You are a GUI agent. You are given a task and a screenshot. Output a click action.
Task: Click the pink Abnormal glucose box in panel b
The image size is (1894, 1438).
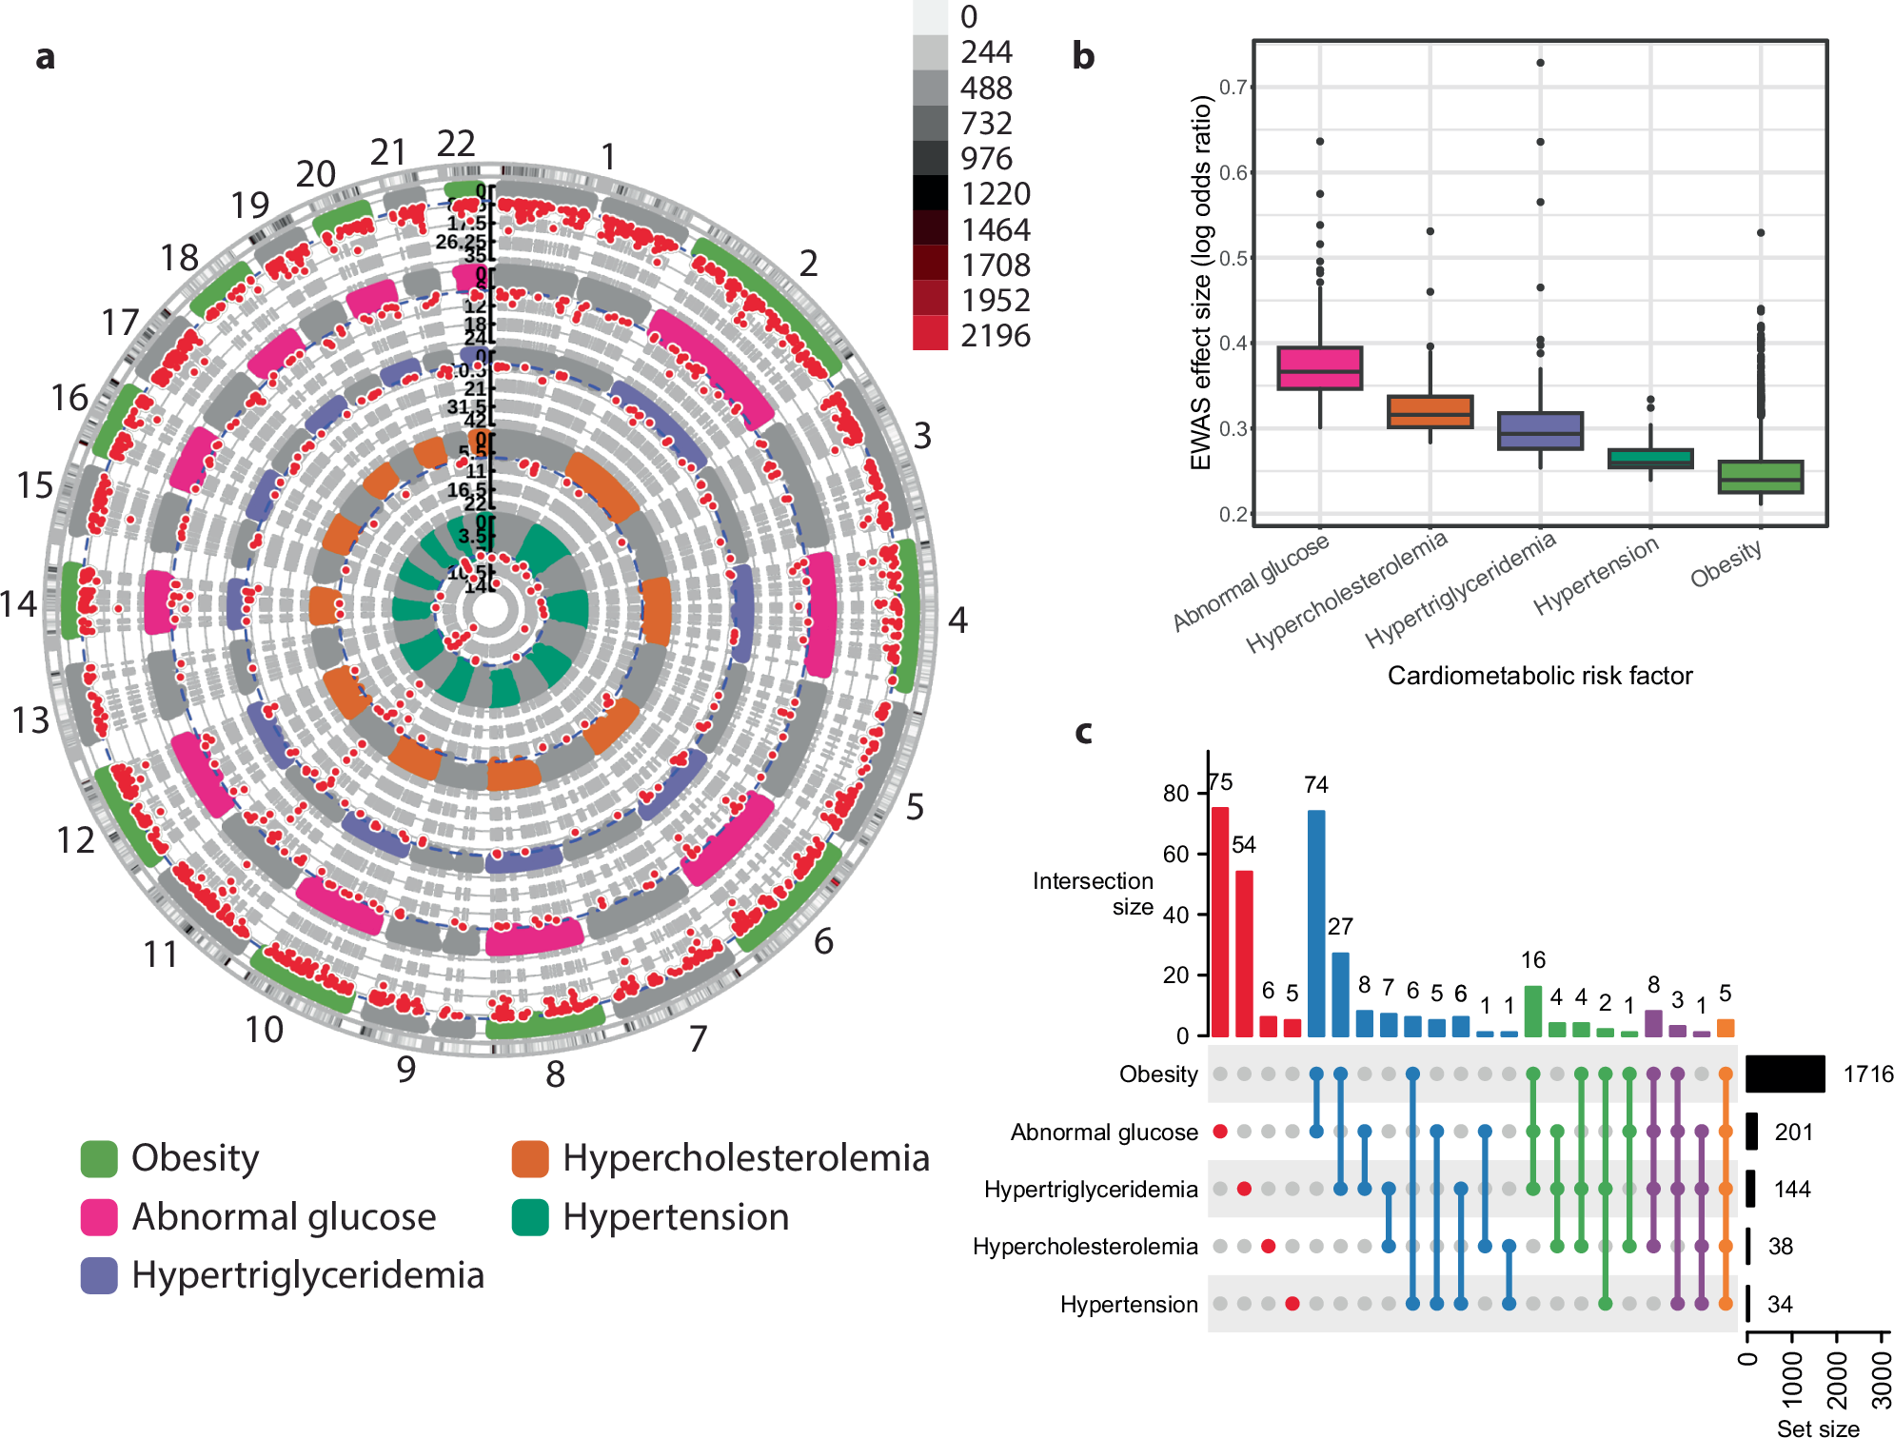[x=1319, y=368]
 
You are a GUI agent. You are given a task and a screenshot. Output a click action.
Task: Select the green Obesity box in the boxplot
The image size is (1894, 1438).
[x=1760, y=477]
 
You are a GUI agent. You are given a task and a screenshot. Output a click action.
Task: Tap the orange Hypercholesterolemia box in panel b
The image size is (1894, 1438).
[x=1430, y=411]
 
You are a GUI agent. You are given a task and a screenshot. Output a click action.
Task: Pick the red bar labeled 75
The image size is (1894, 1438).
[x=1219, y=921]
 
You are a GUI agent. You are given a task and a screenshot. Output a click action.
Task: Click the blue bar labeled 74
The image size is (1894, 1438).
[x=1316, y=922]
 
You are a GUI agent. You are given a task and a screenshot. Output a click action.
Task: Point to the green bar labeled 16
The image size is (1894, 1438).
[x=1532, y=1011]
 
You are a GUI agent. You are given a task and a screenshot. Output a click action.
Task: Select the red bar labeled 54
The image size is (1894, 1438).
[x=1244, y=953]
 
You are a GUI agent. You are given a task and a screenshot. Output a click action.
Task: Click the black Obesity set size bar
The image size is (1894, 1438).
[x=1785, y=1074]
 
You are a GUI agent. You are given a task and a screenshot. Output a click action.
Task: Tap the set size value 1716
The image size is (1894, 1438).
[x=1867, y=1074]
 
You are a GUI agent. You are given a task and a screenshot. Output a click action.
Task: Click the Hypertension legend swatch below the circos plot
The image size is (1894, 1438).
[x=530, y=1217]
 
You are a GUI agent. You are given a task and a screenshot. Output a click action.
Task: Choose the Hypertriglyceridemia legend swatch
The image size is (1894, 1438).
[x=99, y=1275]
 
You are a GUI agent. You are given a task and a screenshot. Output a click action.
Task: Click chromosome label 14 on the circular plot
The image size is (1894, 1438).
[x=19, y=603]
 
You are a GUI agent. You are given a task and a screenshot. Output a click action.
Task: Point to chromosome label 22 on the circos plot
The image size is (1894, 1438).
[x=456, y=144]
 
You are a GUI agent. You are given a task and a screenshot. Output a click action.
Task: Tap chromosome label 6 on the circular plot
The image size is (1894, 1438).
[x=823, y=941]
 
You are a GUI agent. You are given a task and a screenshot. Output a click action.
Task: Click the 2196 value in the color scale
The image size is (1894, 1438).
[x=995, y=336]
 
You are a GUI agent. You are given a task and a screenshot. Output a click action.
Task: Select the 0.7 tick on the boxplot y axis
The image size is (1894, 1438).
[x=1233, y=88]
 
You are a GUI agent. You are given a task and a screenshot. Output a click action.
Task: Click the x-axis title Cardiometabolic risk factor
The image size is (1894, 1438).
[x=1539, y=676]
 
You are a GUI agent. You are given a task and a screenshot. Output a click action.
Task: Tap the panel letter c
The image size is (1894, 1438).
[x=1083, y=731]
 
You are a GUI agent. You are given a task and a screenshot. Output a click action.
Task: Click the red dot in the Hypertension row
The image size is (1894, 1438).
[x=1292, y=1304]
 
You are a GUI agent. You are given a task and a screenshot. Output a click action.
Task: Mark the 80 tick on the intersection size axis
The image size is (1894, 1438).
[x=1176, y=794]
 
